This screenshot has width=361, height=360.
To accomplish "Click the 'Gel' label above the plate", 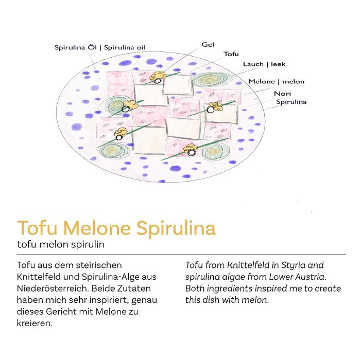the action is point(208,45).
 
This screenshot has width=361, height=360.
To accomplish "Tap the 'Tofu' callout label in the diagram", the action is point(231,54).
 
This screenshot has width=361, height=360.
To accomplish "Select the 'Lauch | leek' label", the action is point(264,64).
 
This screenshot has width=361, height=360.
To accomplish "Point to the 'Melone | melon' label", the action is point(276,82).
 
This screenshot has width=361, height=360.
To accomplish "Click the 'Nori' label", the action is point(282,94).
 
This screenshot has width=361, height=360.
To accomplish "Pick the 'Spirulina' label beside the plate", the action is point(291,102).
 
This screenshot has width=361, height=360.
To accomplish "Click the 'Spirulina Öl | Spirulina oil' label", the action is point(100,48).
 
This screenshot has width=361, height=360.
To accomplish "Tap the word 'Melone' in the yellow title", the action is point(97,228).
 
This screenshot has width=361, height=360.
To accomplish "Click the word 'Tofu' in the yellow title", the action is point(37,228).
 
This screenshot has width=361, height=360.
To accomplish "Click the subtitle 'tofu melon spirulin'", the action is point(61,244).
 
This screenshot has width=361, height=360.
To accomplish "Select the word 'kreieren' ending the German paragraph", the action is point(35,323).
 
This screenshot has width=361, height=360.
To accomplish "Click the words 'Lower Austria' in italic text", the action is point(298,277).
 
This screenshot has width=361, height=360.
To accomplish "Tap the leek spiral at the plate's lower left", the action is point(112,150).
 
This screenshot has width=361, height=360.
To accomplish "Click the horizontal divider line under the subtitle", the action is point(181,255).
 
